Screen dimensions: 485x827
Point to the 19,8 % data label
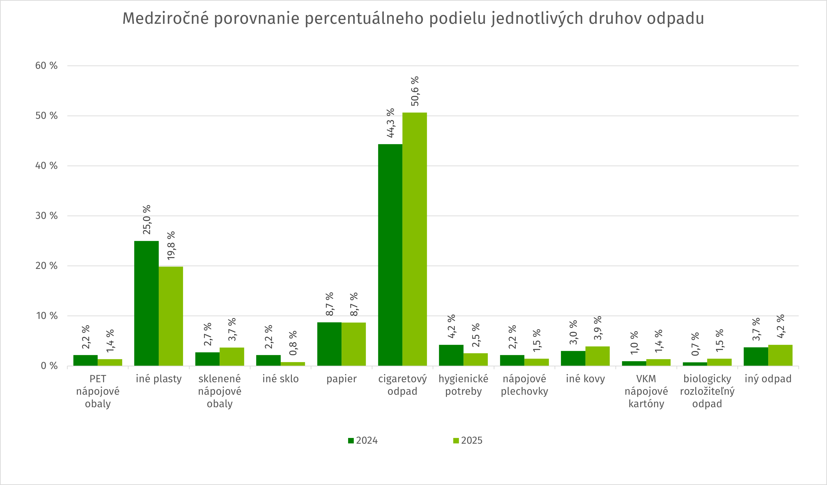coord(171,246)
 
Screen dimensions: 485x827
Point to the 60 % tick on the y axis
coord(46,66)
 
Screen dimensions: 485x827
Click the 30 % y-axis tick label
coord(46,216)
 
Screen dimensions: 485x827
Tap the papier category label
coord(341,379)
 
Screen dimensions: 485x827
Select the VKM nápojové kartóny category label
coord(646,391)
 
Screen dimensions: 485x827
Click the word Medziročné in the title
coord(165,18)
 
